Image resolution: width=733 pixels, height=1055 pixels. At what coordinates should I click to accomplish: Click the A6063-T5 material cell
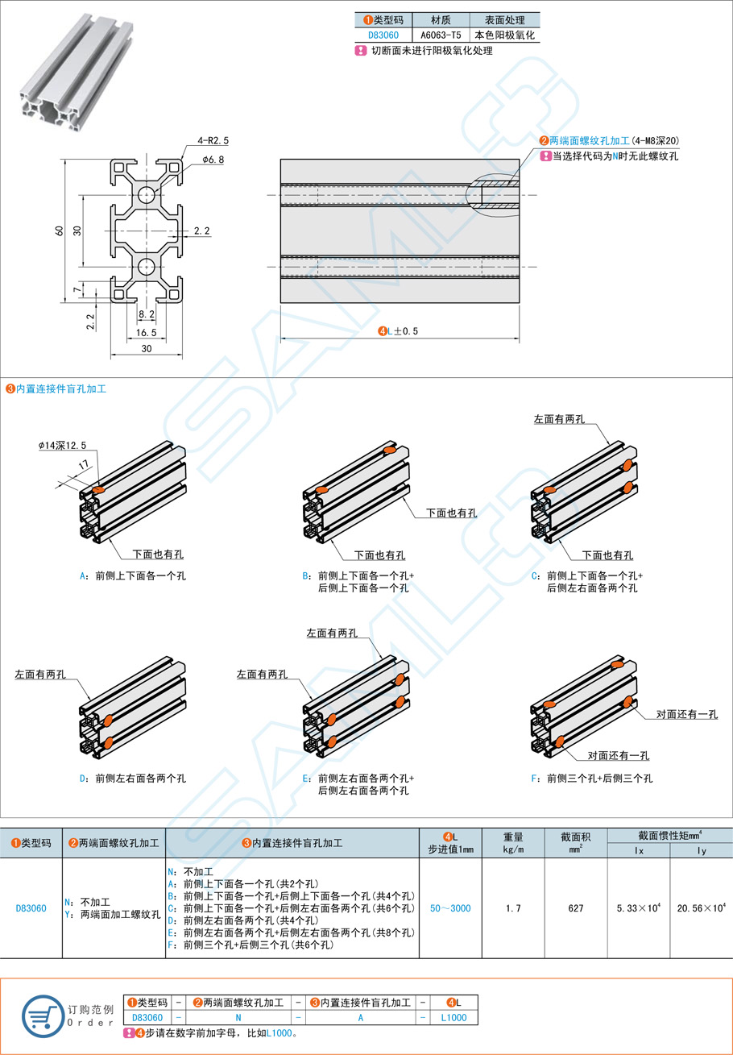441,35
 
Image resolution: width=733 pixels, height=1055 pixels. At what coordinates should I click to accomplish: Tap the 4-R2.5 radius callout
213,140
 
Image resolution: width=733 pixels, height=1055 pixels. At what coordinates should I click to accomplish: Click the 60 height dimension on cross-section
59,231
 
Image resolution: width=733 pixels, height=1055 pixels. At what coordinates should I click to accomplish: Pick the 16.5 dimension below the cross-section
146,332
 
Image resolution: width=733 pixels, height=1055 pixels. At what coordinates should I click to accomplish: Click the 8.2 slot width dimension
146,314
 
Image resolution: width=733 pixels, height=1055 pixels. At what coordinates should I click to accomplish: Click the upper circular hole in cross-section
146,194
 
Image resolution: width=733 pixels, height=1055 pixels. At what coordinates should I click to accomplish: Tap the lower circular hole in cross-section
146,267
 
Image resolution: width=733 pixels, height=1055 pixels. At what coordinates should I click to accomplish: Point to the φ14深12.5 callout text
62,446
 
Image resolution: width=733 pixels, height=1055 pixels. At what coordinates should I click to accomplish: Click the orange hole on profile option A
98,489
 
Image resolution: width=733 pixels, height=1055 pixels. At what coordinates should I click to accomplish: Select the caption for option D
133,778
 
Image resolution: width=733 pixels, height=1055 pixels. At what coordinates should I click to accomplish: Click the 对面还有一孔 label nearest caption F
618,755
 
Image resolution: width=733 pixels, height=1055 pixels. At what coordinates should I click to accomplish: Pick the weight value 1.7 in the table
513,908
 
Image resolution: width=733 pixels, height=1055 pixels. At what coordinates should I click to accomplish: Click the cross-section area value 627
575,908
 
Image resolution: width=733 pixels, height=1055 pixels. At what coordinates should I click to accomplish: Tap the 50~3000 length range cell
449,908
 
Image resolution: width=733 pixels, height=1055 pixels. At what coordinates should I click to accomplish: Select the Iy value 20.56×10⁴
701,908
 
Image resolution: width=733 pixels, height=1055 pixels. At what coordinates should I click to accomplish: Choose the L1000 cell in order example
453,1017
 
